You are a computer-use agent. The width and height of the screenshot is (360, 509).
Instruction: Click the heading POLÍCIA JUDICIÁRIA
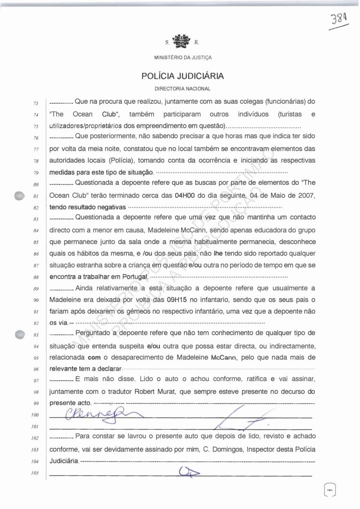pyautogui.click(x=180, y=76)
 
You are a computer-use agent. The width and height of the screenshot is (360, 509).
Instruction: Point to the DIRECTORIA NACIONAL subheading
pyautogui.click(x=180, y=89)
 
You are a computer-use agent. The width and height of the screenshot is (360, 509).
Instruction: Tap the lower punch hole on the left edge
pyautogui.click(x=19, y=334)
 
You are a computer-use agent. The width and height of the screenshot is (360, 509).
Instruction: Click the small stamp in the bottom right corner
pyautogui.click(x=329, y=489)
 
